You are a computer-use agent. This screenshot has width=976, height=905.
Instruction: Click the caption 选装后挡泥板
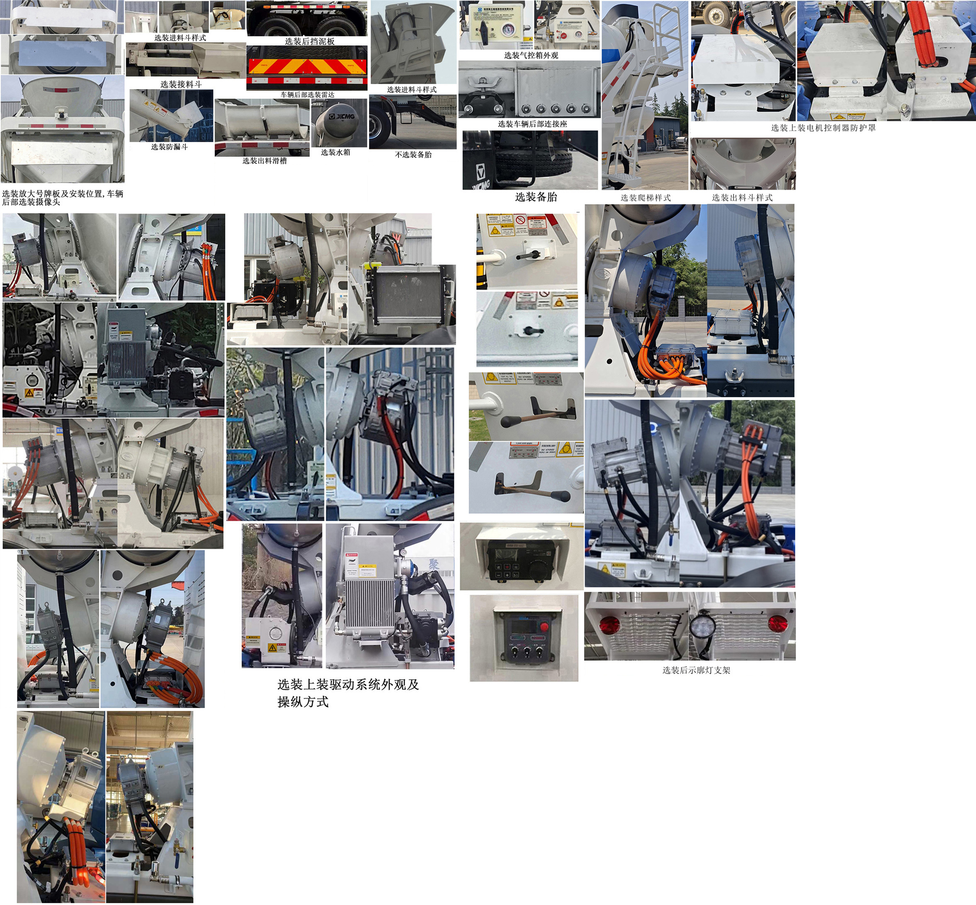click(x=309, y=41)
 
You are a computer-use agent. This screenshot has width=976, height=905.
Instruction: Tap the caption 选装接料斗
click(x=181, y=84)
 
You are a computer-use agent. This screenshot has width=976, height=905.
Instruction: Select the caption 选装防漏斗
click(x=170, y=147)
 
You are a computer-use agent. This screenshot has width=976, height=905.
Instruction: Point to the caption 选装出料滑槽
click(x=265, y=160)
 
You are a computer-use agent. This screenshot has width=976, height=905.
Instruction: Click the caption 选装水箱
click(x=335, y=152)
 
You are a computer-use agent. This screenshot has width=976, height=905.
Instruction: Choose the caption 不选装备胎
click(x=413, y=155)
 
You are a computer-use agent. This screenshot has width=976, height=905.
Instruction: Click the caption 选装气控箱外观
click(x=531, y=55)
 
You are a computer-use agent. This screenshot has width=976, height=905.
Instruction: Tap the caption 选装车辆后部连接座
click(x=532, y=124)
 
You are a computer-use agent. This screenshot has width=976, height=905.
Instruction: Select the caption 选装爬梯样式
click(x=646, y=198)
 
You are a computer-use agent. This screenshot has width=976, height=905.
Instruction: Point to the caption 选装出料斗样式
click(x=742, y=198)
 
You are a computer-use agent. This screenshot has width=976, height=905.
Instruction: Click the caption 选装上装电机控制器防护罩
click(x=823, y=128)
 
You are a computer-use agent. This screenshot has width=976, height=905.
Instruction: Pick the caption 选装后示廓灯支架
click(x=696, y=670)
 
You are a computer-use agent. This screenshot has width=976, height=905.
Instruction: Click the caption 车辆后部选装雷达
click(x=307, y=95)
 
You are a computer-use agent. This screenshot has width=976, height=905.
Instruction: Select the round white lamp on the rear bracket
click(x=702, y=625)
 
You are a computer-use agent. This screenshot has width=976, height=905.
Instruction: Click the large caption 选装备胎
click(x=536, y=197)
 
